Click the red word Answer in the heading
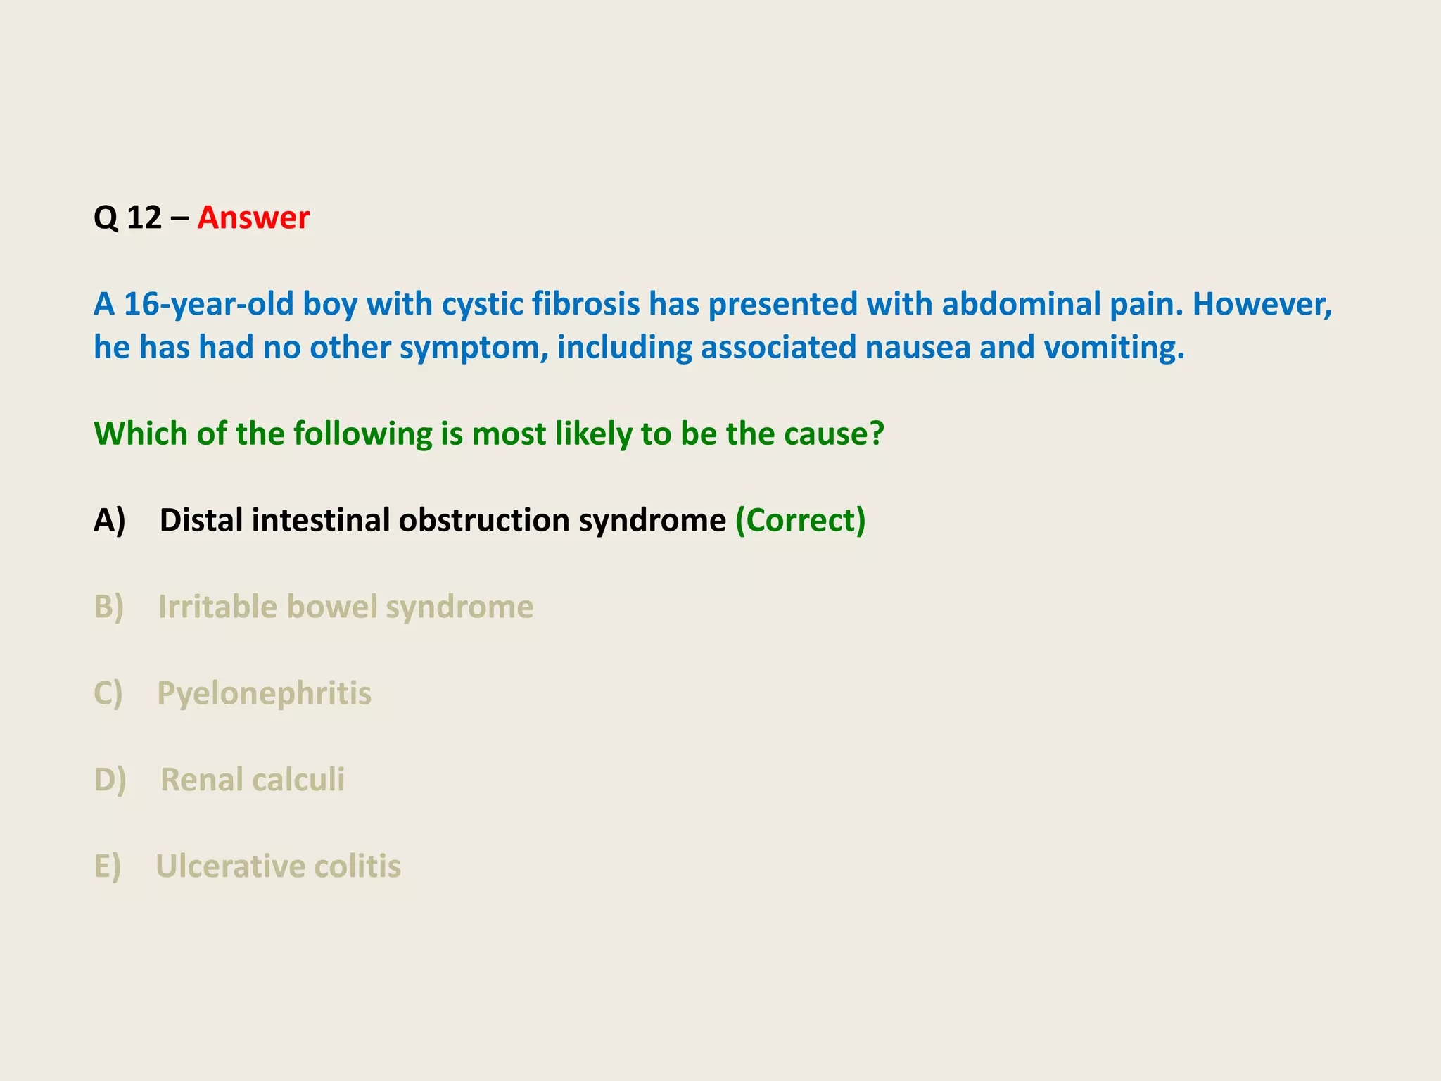point(253,218)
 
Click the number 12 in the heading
point(144,218)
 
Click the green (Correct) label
point(800,521)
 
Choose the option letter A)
point(110,521)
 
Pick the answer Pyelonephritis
point(264,694)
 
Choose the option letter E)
point(108,866)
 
